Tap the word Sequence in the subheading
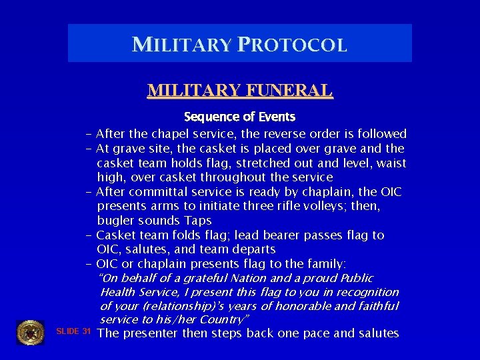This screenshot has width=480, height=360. click(208, 117)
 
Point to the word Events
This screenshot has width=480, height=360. click(277, 117)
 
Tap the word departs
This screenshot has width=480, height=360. click(251, 249)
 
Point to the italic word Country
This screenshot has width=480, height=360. click(223, 320)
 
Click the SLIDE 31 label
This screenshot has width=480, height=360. click(73, 332)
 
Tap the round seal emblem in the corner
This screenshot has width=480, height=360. click(30, 333)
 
